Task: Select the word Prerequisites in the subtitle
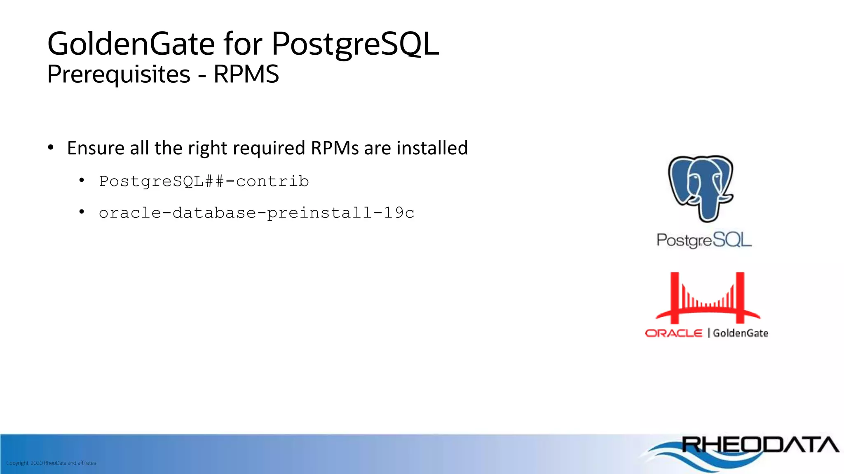119,74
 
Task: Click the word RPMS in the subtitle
246,74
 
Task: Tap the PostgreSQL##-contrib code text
204,181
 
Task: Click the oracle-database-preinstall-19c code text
256,213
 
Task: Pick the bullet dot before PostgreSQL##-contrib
82,180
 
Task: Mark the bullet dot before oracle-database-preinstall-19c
82,211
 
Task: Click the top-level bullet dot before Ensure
51,147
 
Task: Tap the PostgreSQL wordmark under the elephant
704,240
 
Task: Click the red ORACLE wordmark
673,333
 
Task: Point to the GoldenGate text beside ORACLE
741,333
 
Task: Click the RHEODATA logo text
760,445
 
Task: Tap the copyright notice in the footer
51,463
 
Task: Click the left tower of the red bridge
675,298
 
